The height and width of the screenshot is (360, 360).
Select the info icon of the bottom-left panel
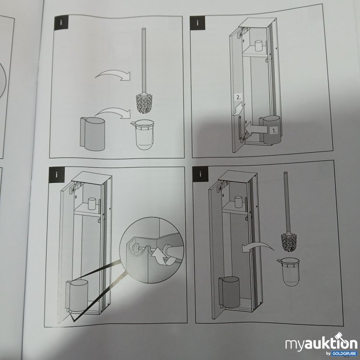click(x=57, y=174)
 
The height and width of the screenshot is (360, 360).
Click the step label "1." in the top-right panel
click(x=273, y=130)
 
